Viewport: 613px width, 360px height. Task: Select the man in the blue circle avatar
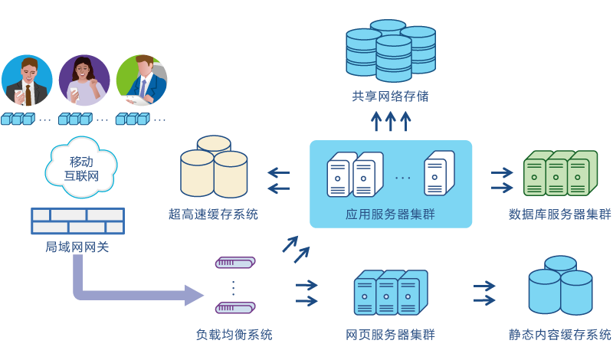coord(27,80)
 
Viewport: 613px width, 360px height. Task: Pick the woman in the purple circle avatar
coord(84,80)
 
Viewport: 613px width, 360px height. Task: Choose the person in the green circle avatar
coord(141,80)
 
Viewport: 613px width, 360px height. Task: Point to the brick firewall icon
coord(77,221)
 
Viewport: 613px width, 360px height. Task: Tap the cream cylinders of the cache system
coord(214,167)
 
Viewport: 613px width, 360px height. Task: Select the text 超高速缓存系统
coord(213,214)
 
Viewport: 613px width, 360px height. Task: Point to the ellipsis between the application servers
coord(402,178)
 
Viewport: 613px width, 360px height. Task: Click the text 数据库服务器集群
coord(560,214)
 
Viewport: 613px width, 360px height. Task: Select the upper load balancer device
coord(234,263)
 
